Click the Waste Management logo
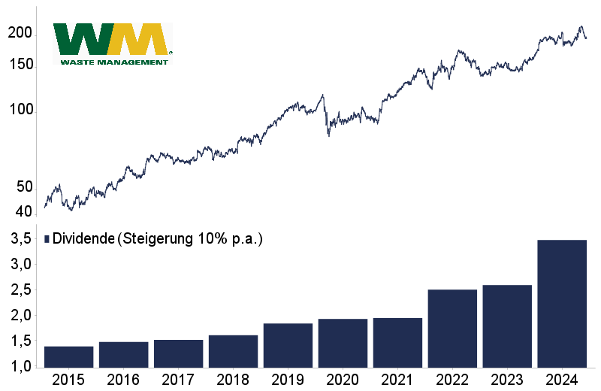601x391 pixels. tap(113, 44)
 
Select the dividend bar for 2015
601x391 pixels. tap(68, 356)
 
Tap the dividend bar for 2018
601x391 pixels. tap(233, 351)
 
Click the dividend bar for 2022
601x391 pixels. tap(452, 328)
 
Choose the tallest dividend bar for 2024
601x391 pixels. tap(562, 303)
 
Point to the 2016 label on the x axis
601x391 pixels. tap(123, 380)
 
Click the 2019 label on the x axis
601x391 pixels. tap(288, 380)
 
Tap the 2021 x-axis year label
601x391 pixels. tap(397, 380)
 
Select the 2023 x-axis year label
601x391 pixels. tap(507, 380)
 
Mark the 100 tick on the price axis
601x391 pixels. tap(23, 110)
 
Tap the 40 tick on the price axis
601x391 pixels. tap(25, 211)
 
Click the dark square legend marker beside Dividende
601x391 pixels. tap(47, 239)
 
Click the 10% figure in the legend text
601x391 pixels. tap(212, 239)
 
